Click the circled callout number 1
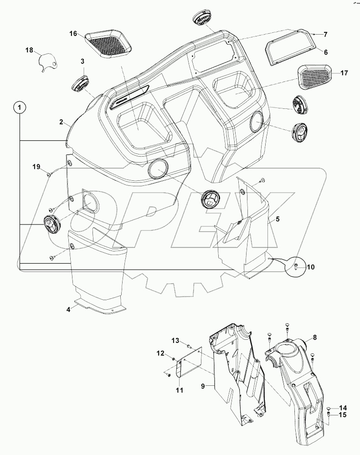(x=19, y=108)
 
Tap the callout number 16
(x=74, y=34)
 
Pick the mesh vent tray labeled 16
(x=108, y=45)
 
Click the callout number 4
(x=68, y=309)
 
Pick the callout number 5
(x=278, y=219)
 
